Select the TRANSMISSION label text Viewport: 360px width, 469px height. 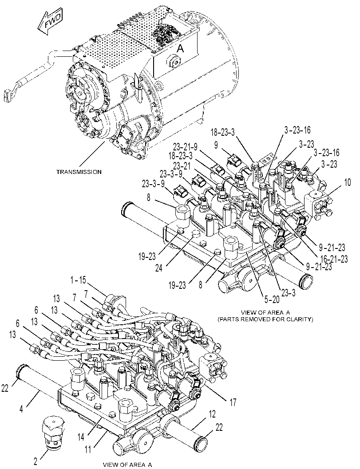pyautogui.click(x=79, y=172)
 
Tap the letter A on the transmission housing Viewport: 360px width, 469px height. pyautogui.click(x=180, y=48)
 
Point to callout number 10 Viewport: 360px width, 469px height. pyautogui.click(x=347, y=183)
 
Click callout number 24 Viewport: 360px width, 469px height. pyautogui.click(x=159, y=268)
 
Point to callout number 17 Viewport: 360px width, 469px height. pyautogui.click(x=232, y=402)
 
